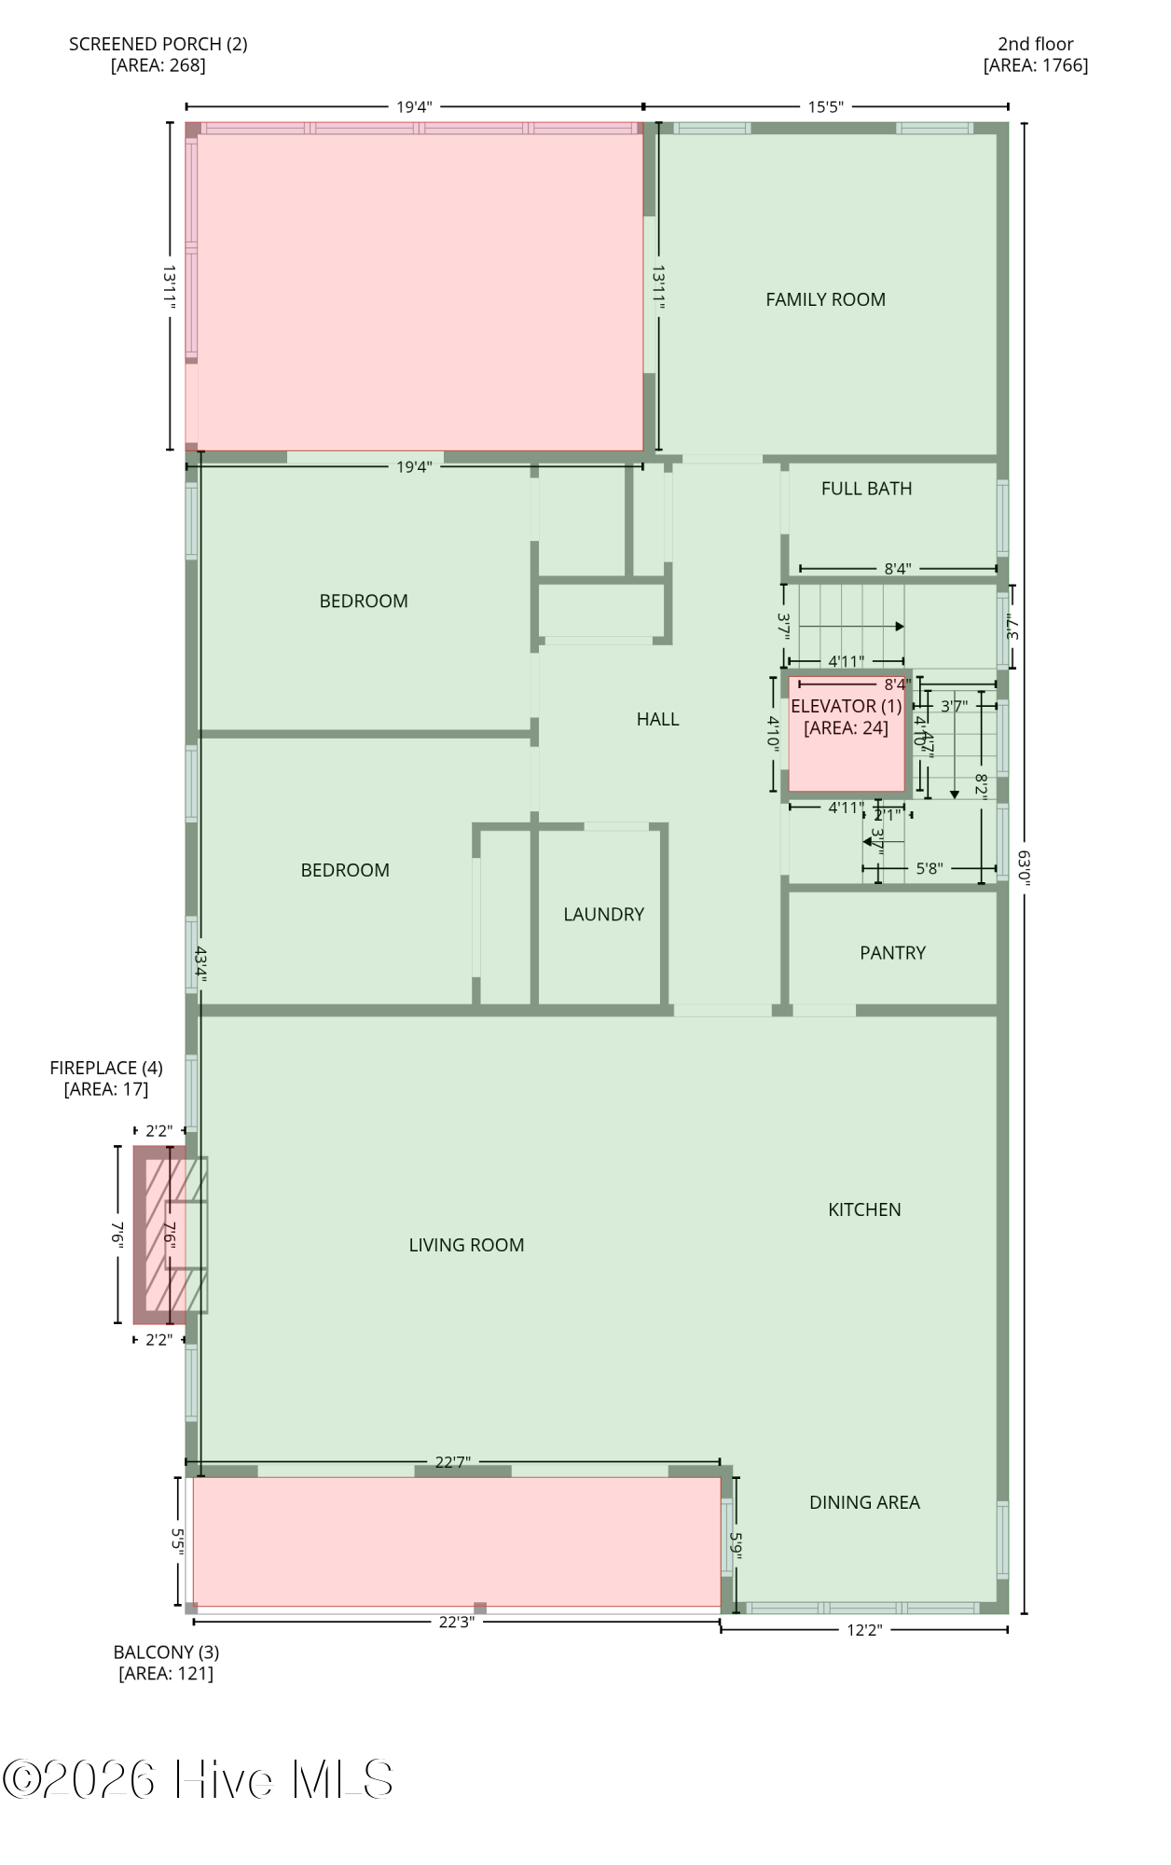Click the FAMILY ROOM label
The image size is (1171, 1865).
pyautogui.click(x=825, y=299)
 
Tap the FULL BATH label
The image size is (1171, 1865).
pyautogui.click(x=866, y=489)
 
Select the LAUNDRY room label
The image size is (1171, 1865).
pyautogui.click(x=603, y=914)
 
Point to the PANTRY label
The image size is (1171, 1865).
pyautogui.click(x=892, y=953)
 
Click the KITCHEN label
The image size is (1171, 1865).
pyautogui.click(x=864, y=1209)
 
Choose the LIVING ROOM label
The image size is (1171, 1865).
pyautogui.click(x=466, y=1245)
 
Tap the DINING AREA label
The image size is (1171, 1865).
pyautogui.click(x=864, y=1502)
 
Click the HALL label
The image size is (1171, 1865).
pyautogui.click(x=657, y=719)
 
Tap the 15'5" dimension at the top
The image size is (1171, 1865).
pyautogui.click(x=825, y=106)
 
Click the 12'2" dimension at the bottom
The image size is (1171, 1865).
pyautogui.click(x=863, y=1630)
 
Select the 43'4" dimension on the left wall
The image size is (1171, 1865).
pyautogui.click(x=200, y=965)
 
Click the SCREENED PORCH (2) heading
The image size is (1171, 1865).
pyautogui.click(x=158, y=44)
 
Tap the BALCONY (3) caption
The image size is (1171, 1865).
pyautogui.click(x=166, y=1652)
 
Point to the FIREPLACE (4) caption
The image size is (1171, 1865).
pyautogui.click(x=106, y=1068)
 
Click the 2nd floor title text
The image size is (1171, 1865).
pyautogui.click(x=1035, y=44)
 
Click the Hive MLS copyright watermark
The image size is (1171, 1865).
pyautogui.click(x=198, y=1779)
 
